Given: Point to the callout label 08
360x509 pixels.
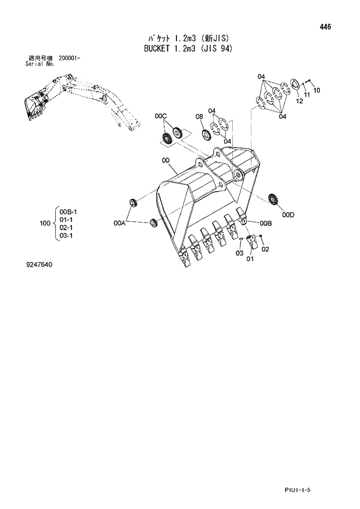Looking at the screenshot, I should [x=199, y=117].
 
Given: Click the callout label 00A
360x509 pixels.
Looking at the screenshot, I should [x=121, y=222].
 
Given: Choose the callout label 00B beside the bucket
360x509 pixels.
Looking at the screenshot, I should [x=266, y=223].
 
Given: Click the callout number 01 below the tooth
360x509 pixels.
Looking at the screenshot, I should [x=250, y=259].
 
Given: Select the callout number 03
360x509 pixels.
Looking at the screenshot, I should [x=239, y=253].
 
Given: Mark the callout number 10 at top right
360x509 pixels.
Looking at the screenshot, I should [x=316, y=90].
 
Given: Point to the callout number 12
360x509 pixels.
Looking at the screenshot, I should [x=300, y=101].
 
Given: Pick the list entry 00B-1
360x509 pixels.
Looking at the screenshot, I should [x=68, y=212].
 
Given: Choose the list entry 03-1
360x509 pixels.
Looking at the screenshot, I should [x=66, y=236].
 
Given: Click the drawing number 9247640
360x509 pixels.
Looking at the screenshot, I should [x=39, y=265].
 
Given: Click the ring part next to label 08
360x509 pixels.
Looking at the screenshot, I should [x=206, y=134].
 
